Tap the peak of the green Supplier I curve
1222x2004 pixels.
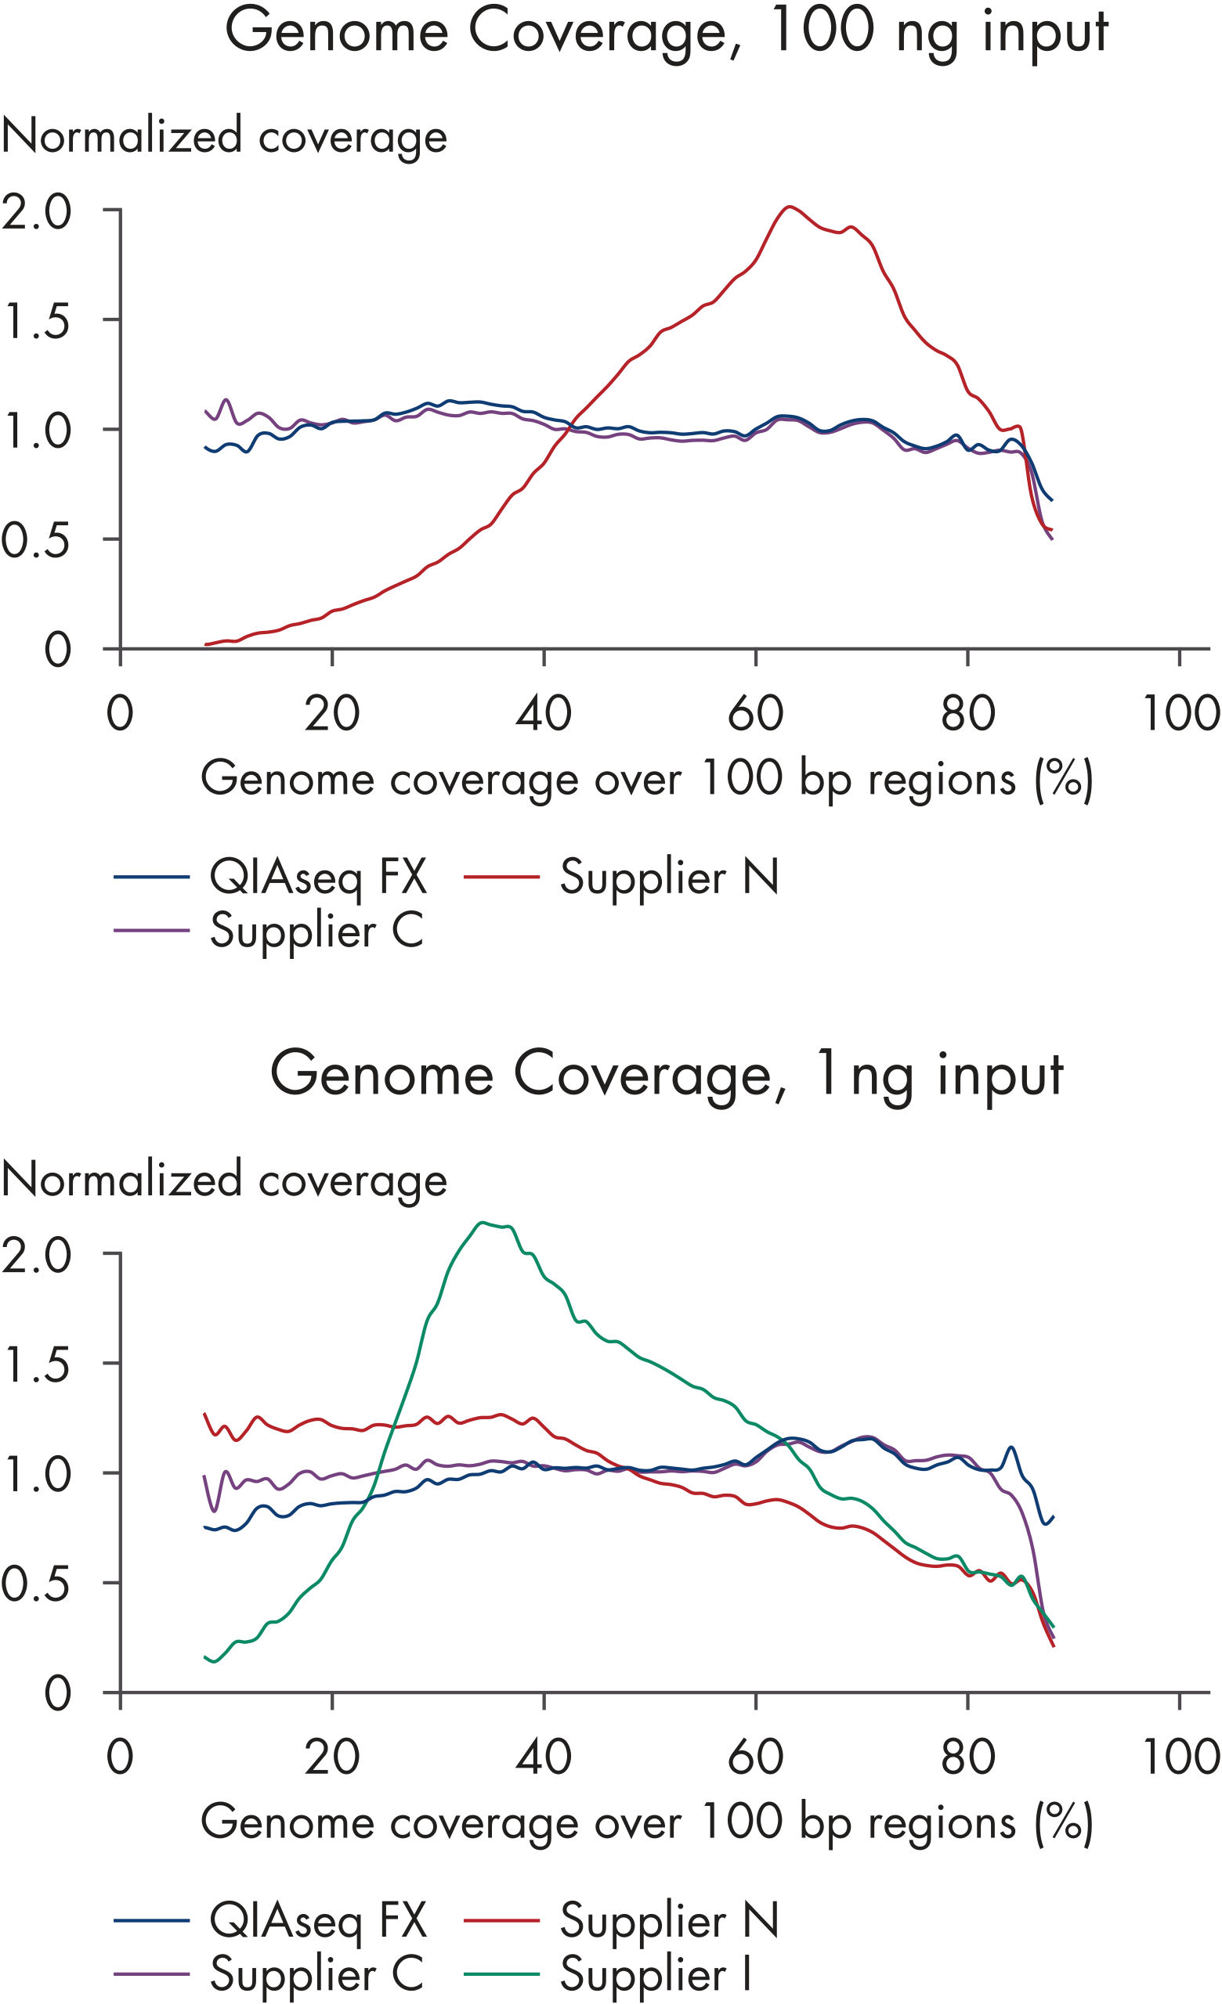point(483,1222)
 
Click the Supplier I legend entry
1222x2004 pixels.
point(654,1974)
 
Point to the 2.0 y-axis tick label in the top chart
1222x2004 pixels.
point(38,211)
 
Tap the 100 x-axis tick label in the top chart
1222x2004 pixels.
point(1180,713)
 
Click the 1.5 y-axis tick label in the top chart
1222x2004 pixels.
point(38,321)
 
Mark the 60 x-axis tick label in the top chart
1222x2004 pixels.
point(756,713)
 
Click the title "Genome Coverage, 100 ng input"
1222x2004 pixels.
point(666,33)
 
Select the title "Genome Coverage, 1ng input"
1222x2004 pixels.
point(666,1076)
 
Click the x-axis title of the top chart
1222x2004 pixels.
point(647,779)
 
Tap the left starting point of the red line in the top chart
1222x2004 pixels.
point(207,644)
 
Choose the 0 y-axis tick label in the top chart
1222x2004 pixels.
point(57,650)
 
